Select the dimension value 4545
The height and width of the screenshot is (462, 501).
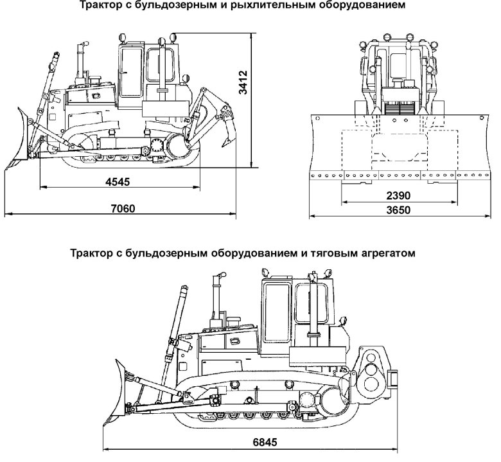(x=116, y=182)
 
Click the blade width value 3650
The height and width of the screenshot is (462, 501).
(x=398, y=210)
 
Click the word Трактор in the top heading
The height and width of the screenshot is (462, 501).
(x=100, y=6)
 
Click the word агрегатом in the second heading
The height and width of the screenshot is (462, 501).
(x=387, y=253)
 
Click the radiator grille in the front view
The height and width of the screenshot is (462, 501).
(x=398, y=107)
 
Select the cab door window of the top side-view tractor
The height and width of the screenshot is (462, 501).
(x=132, y=70)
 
